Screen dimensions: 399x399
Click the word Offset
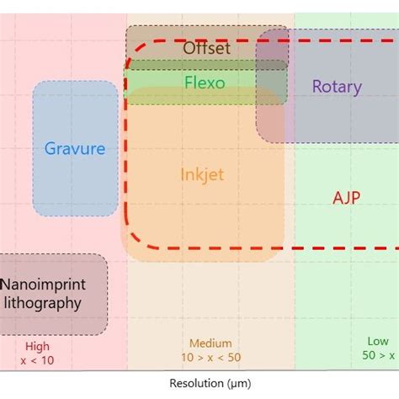(206, 48)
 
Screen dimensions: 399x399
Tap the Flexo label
(205, 82)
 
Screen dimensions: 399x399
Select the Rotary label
(336, 86)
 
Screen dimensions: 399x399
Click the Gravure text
(75, 149)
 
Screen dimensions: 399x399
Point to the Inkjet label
(202, 174)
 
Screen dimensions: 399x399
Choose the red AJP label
(348, 198)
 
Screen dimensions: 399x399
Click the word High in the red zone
(38, 346)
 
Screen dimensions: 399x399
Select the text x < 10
(38, 359)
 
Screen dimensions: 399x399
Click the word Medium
(210, 343)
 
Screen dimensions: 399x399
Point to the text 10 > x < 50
(210, 358)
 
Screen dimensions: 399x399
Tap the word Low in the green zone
(378, 342)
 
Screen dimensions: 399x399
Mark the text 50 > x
(378, 356)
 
